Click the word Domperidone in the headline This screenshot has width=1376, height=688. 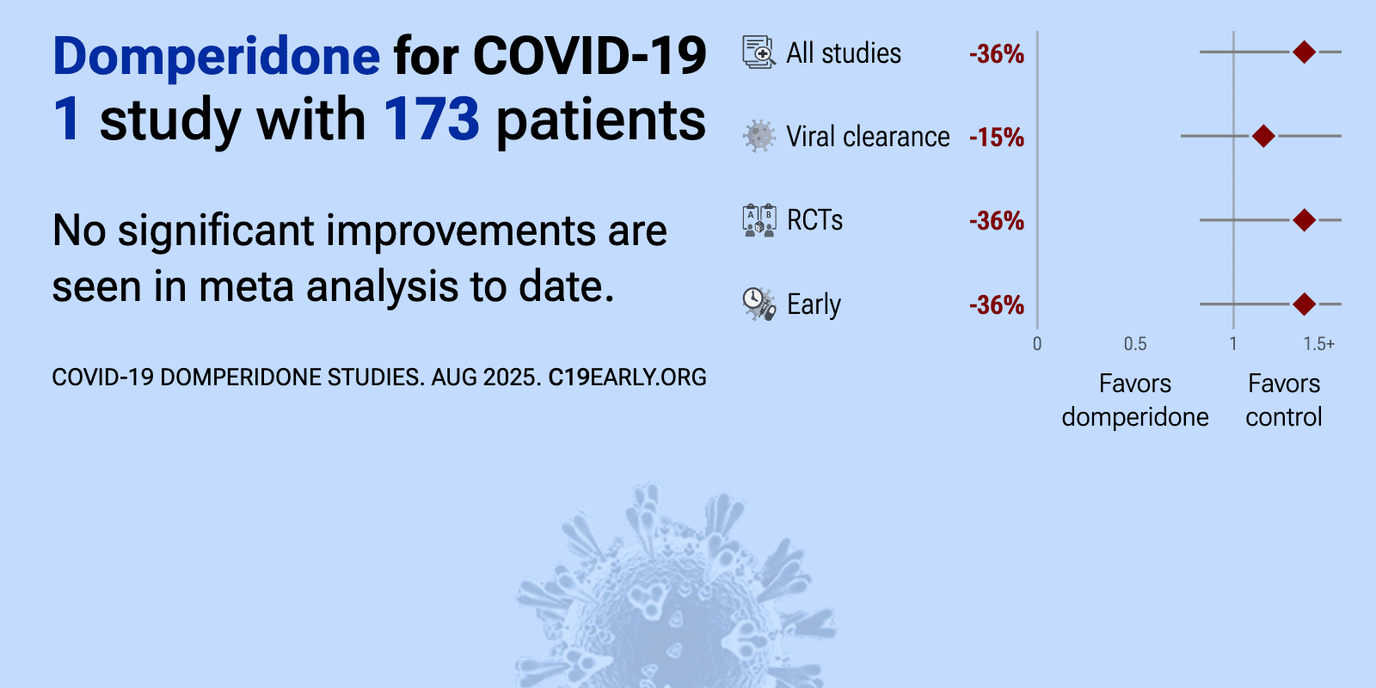tap(216, 57)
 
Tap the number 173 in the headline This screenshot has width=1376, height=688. tap(431, 119)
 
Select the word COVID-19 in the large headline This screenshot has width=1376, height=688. tap(590, 57)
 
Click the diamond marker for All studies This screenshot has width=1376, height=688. tap(1304, 52)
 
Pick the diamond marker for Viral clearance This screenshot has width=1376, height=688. tap(1263, 136)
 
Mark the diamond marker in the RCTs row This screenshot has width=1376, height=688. tap(1304, 220)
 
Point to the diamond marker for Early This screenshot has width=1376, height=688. tap(1304, 304)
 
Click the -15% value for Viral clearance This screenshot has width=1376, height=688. tap(997, 138)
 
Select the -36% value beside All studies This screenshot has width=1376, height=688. tap(997, 54)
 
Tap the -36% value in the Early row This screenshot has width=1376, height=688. tap(997, 305)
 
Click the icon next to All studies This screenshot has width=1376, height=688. tap(759, 52)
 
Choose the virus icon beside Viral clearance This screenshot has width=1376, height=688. tap(759, 136)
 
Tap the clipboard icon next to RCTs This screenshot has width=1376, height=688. tap(759, 220)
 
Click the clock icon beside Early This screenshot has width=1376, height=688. tap(759, 304)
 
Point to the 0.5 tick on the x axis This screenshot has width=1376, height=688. tap(1135, 343)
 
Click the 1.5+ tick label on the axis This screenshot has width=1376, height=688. tap(1319, 343)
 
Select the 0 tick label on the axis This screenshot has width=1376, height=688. tap(1037, 343)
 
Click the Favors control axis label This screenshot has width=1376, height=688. tap(1284, 401)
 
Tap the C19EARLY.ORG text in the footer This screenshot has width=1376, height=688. tap(627, 378)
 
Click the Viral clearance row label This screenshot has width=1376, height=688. tap(868, 137)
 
